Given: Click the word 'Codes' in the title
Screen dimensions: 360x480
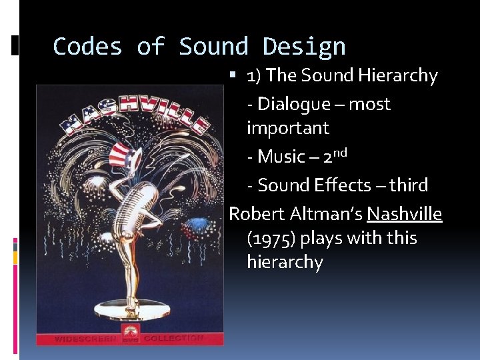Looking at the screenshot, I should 87,47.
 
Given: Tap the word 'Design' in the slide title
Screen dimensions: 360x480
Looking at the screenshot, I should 304,47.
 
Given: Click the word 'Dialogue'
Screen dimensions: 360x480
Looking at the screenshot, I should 294,104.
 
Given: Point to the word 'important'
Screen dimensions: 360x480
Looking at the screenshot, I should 288,127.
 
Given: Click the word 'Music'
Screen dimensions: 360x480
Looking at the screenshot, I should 281,157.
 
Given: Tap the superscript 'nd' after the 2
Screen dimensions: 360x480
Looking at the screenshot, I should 339,153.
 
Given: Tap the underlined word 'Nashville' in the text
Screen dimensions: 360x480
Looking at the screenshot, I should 404,214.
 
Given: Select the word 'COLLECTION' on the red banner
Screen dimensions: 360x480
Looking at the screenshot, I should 174,338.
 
